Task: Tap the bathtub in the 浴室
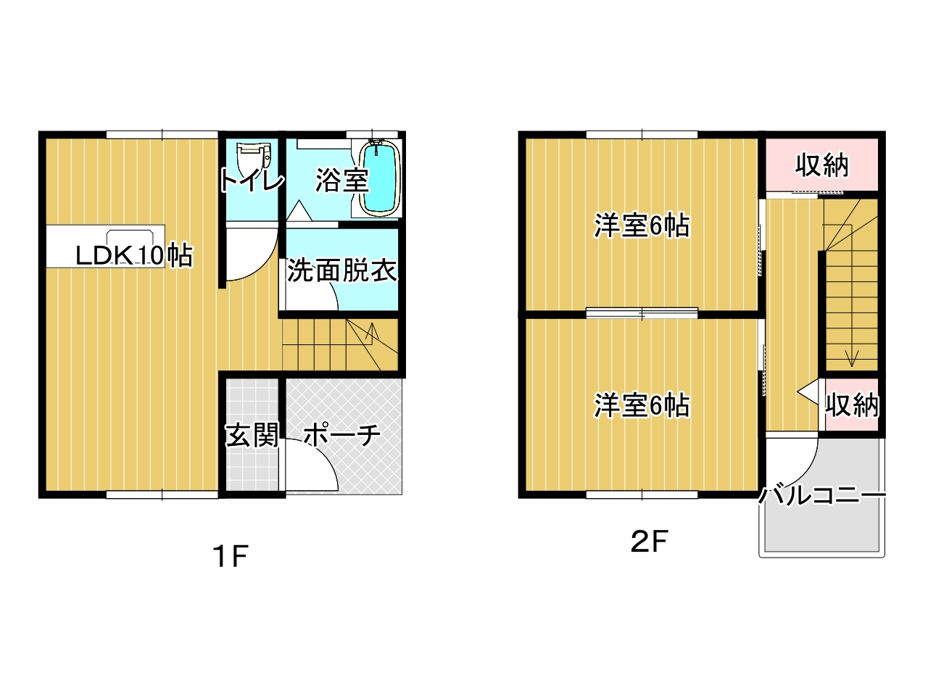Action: click(379, 179)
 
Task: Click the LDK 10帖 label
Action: click(134, 255)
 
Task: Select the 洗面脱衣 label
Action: click(342, 270)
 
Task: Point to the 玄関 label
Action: click(252, 434)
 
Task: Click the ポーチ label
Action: click(341, 434)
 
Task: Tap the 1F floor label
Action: click(231, 556)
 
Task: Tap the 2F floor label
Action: click(649, 542)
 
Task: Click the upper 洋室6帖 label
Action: click(642, 225)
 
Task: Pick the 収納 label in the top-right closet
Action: click(821, 165)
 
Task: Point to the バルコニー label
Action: click(822, 495)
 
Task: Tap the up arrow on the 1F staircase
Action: click(372, 333)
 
